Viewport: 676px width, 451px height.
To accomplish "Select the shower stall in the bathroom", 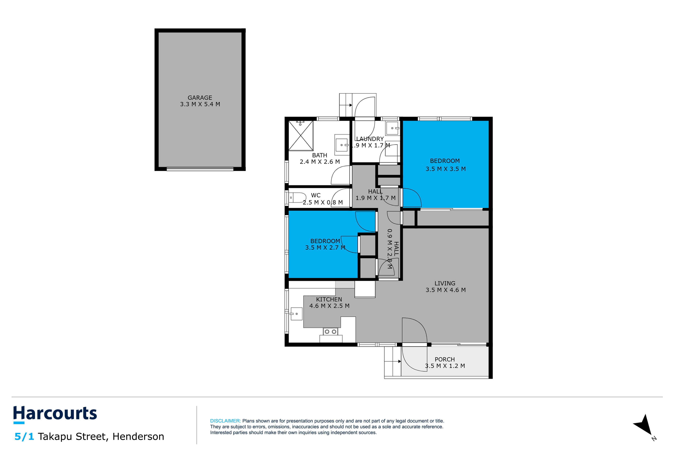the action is coord(301,135).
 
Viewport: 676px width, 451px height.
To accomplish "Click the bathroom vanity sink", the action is coord(342,145).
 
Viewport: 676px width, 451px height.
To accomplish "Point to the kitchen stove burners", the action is coord(330,332).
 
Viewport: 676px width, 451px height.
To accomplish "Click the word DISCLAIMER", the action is coord(225,421).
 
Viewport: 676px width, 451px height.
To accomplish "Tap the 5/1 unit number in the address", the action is coord(24,437).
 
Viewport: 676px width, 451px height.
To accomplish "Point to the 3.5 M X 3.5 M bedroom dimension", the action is coord(446,169).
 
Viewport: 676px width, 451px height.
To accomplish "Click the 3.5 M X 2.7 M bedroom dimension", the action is coord(325,248).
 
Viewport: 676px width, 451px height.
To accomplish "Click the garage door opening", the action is coord(200,169).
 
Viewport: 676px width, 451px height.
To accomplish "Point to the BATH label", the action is coord(320,155).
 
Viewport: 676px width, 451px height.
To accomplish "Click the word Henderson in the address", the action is coord(138,437).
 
